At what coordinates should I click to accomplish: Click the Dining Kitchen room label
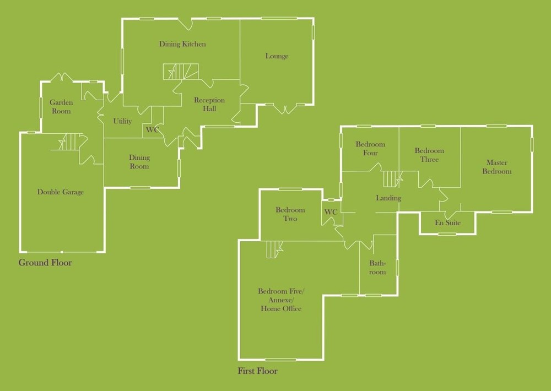pos(182,44)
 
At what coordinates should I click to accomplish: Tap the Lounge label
pos(277,56)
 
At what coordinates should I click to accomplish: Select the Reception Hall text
pos(209,104)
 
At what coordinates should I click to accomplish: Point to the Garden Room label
pos(61,107)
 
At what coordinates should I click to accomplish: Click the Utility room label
pos(122,121)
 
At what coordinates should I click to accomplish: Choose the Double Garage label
pos(61,192)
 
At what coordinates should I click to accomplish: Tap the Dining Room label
pos(139,162)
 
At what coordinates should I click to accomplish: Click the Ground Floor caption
pos(45,263)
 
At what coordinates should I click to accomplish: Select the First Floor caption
pos(257,371)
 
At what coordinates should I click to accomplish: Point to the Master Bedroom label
pos(497,167)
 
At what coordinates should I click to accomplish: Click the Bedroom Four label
pos(370,149)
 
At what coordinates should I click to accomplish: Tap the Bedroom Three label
pos(429,155)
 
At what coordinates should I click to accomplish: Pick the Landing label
pos(388,198)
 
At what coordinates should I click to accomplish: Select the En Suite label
pos(447,222)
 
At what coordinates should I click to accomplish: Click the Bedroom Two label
pos(290,214)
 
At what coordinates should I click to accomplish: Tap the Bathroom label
pos(377,268)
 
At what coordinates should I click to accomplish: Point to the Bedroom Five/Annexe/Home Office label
pos(281,300)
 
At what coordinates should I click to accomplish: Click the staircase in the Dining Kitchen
pos(181,72)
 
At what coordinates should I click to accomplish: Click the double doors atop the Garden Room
pos(62,77)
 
